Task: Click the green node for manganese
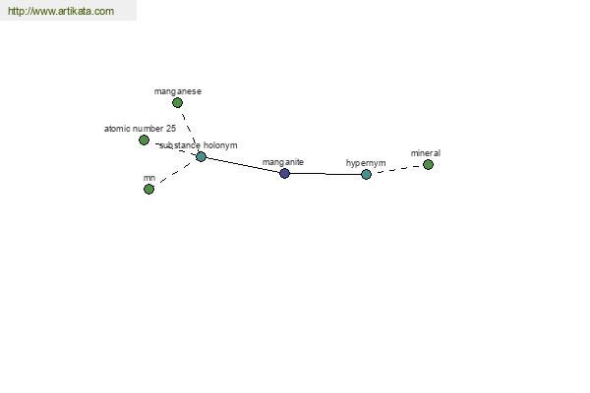pyautogui.click(x=177, y=102)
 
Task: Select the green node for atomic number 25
pyautogui.click(x=144, y=140)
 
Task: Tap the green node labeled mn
pyautogui.click(x=149, y=189)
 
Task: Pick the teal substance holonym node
pyautogui.click(x=201, y=156)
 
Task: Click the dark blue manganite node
pyautogui.click(x=284, y=173)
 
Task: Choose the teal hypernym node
pyautogui.click(x=366, y=174)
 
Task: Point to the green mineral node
pyautogui.click(x=428, y=164)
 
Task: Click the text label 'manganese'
pyautogui.click(x=178, y=91)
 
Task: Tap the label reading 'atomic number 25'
pyautogui.click(x=140, y=129)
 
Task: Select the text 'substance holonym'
pyautogui.click(x=199, y=145)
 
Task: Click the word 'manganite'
pyautogui.click(x=283, y=162)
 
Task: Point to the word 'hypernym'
pyautogui.click(x=366, y=163)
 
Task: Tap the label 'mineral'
pyautogui.click(x=426, y=153)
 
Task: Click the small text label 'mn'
pyautogui.click(x=149, y=178)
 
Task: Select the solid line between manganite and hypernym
pyautogui.click(x=325, y=174)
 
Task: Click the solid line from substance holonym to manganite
pyautogui.click(x=243, y=165)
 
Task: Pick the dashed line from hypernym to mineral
pyautogui.click(x=397, y=169)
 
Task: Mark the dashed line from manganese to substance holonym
pyautogui.click(x=189, y=130)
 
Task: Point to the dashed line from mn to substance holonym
pyautogui.click(x=175, y=173)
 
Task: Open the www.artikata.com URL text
pyautogui.click(x=61, y=11)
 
